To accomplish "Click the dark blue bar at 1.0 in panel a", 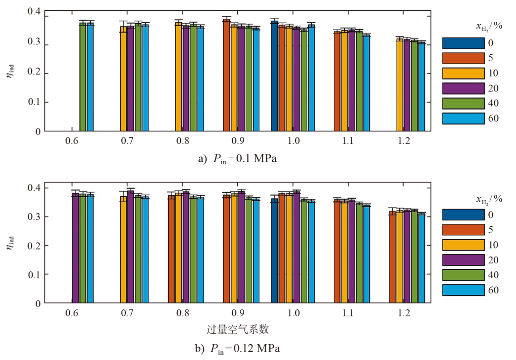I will (x=275, y=76).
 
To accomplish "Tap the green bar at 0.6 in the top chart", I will (x=83, y=77).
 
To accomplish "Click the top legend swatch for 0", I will (x=463, y=43).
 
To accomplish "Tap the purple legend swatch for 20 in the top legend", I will (x=463, y=88).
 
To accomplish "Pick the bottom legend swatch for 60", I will (x=463, y=290).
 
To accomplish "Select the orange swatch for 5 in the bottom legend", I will (x=463, y=230).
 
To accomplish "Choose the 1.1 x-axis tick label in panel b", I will (x=348, y=314).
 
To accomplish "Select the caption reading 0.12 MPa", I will (x=238, y=349).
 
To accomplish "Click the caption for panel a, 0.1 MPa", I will (x=238, y=159).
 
